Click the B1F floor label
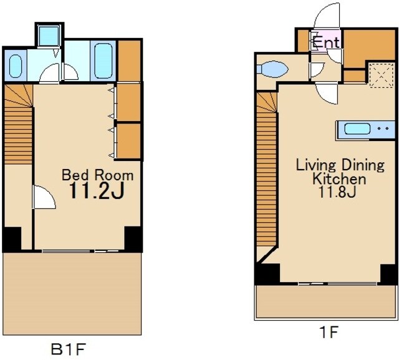[x=67, y=349]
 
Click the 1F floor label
[x=329, y=333]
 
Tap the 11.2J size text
[x=97, y=191]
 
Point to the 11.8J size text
[x=337, y=192]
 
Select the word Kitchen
[x=339, y=178]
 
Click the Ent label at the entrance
[x=326, y=42]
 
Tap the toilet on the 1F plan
[x=272, y=69]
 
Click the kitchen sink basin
[x=357, y=129]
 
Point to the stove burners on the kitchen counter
[x=383, y=129]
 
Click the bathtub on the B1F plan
[x=103, y=61]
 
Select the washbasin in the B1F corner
[x=15, y=66]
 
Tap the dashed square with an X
[x=381, y=75]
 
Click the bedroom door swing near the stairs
[x=44, y=197]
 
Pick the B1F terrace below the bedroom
[x=72, y=293]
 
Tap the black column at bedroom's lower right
[x=133, y=238]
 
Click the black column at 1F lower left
[x=267, y=274]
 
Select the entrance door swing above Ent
[x=327, y=16]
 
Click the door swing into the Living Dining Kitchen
[x=327, y=94]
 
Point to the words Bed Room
[x=98, y=175]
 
